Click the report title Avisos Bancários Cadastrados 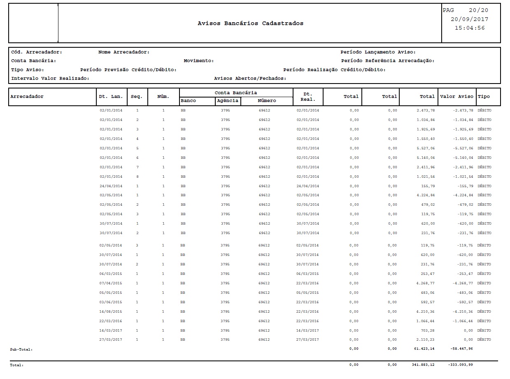pos(250,23)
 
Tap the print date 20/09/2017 pos(469,19)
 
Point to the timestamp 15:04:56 pos(469,28)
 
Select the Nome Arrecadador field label pos(124,52)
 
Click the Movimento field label pos(199,61)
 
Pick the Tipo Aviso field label pos(28,70)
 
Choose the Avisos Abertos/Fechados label pos(250,79)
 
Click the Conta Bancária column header pos(236,93)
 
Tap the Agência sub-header pos(228,101)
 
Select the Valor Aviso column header pos(457,96)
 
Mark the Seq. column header pos(137,97)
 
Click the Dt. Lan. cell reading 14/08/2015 pos(111,312)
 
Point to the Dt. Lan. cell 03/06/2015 pos(111,302)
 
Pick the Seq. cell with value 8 pos(137,177)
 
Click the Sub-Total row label pos(21,349)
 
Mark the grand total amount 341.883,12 pos(423,365)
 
